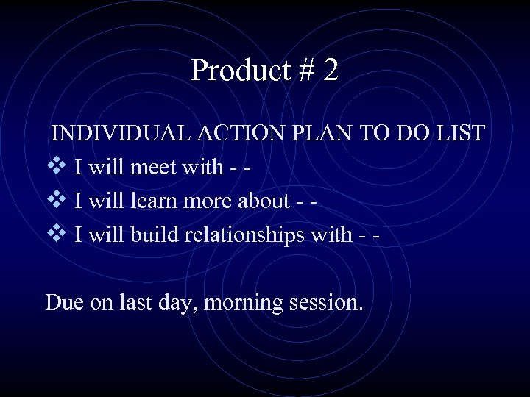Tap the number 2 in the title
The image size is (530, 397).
[x=331, y=71]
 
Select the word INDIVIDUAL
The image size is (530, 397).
[x=122, y=133]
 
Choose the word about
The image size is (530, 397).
[x=263, y=201]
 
